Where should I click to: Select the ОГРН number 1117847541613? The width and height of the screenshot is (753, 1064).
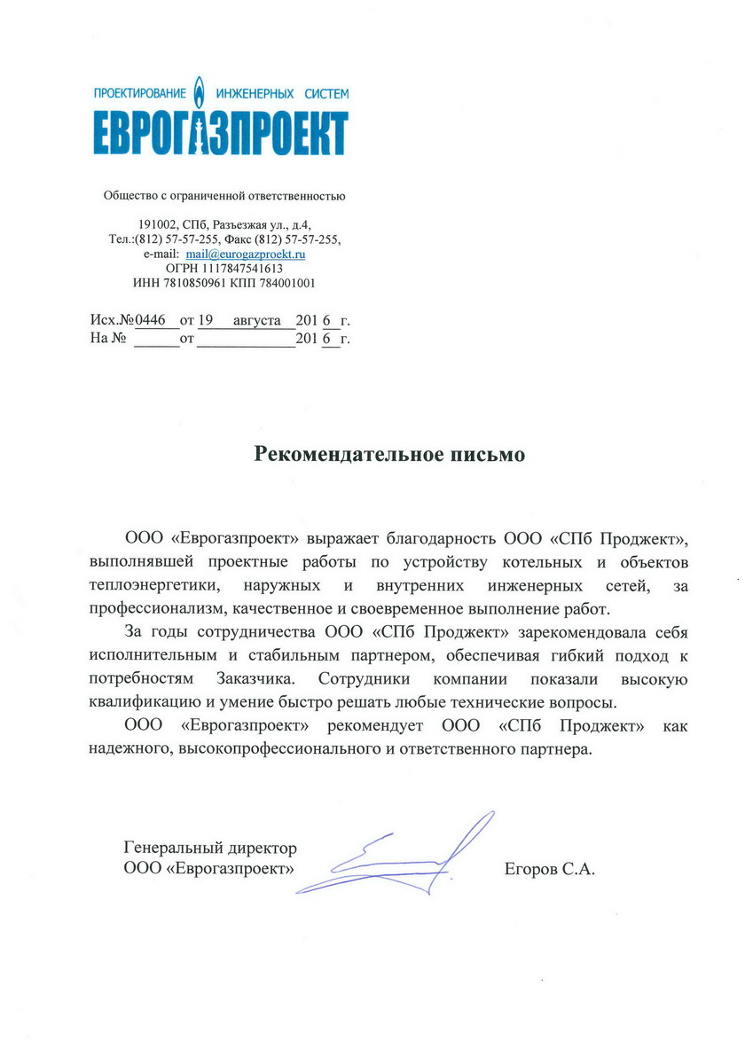(243, 268)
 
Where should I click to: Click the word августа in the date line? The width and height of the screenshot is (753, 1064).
(256, 319)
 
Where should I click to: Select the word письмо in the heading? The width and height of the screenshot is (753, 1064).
(486, 455)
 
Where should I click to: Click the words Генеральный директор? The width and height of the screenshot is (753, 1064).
(210, 849)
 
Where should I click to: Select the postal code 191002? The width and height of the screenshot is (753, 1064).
(160, 224)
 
